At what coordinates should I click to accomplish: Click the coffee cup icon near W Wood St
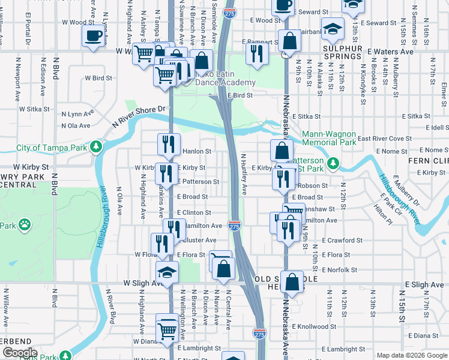click(x=92, y=35)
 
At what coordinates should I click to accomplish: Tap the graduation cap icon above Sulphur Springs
click(x=332, y=28)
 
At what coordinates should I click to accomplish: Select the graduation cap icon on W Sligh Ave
click(x=167, y=272)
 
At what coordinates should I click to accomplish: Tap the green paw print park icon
click(x=24, y=225)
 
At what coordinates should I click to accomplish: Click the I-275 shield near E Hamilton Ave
click(x=235, y=226)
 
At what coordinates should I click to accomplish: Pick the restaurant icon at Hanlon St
click(x=169, y=144)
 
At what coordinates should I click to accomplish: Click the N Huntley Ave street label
click(x=244, y=174)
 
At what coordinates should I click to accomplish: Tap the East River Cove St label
click(x=384, y=139)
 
